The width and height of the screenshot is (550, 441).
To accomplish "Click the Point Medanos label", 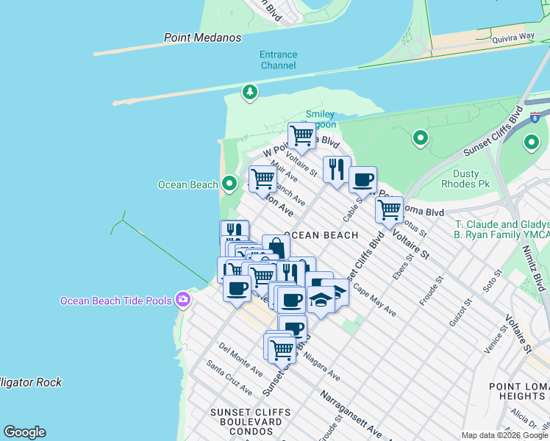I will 194,37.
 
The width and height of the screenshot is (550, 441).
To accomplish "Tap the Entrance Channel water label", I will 278,60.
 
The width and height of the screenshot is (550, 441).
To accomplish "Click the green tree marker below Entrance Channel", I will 251,92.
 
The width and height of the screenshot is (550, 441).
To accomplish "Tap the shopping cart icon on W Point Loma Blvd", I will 301,135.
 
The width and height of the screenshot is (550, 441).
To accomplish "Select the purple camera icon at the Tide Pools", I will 182,300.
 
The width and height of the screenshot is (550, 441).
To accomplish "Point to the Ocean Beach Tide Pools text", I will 116,300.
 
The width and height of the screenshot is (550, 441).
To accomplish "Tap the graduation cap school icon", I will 321,300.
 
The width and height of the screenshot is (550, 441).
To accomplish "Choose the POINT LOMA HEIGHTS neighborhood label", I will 519,392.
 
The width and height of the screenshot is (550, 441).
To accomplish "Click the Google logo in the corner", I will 24,432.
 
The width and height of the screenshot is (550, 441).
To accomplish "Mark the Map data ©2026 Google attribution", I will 504,435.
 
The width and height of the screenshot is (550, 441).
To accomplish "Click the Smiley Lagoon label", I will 321,119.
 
